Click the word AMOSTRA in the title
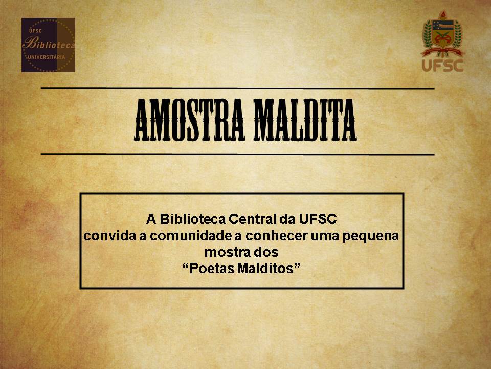click(x=189, y=120)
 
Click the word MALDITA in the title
click(x=305, y=120)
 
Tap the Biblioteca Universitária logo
click(x=48, y=45)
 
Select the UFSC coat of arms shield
click(x=442, y=34)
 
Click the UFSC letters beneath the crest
click(x=442, y=65)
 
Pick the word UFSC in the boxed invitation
click(x=318, y=219)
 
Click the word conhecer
click(x=276, y=236)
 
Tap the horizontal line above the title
click(x=238, y=88)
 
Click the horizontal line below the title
click(x=238, y=154)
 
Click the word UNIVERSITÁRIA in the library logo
click(x=47, y=57)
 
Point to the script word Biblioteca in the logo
click(x=49, y=44)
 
